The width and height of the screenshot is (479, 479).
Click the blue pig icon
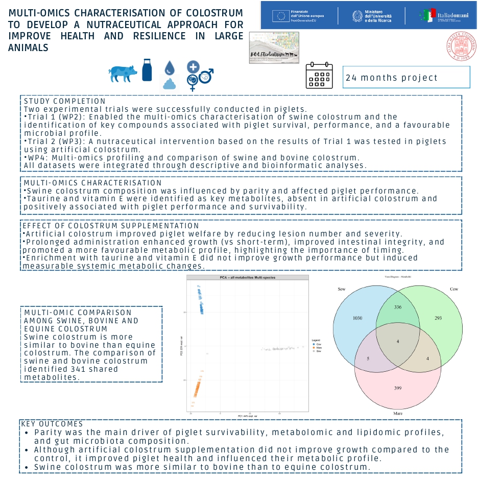123,73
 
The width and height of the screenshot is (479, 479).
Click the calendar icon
319,76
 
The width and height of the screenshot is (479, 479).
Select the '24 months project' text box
406,78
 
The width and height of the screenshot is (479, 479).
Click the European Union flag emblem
280,15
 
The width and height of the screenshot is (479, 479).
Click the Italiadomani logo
441,16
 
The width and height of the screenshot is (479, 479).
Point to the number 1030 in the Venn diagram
357,318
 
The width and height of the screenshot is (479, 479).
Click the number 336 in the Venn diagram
398,307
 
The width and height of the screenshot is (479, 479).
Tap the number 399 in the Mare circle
398,389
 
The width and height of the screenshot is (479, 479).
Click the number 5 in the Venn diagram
368,359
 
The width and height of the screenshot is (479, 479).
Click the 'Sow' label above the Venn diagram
342,290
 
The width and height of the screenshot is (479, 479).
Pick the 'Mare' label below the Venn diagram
398,412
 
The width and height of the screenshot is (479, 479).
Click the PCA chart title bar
248,277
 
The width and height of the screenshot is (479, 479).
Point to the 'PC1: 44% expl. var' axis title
248,417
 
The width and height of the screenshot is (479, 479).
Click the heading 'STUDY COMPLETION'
65,101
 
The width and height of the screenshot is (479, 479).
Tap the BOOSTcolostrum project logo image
274,47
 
